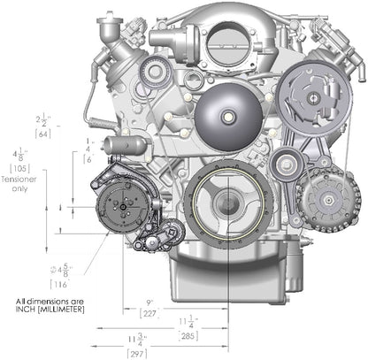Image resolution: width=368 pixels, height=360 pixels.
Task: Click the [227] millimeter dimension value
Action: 151,311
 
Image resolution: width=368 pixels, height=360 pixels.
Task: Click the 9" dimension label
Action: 151,301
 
